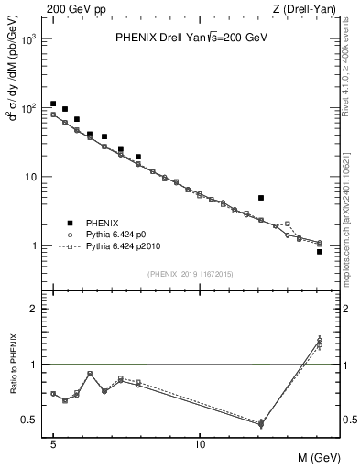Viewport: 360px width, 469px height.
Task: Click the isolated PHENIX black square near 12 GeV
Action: (x=261, y=198)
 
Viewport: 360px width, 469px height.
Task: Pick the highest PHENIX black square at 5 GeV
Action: (x=53, y=104)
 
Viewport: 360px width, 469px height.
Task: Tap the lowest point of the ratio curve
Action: (x=261, y=424)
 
